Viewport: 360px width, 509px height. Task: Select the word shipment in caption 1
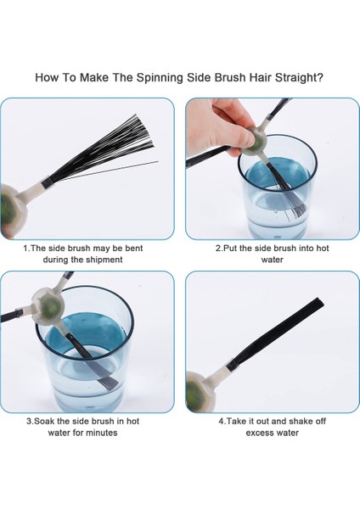tap(104, 260)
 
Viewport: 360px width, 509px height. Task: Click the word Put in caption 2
tap(230, 249)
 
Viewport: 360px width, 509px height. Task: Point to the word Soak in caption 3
tap(44, 422)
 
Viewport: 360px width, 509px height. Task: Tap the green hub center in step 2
tap(259, 143)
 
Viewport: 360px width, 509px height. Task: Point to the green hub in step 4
tap(194, 394)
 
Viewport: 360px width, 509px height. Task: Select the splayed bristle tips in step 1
tap(143, 134)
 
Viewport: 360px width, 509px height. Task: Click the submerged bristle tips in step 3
tap(110, 383)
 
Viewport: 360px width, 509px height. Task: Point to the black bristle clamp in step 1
tap(47, 182)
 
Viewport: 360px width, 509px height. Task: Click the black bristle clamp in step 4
tap(232, 366)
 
